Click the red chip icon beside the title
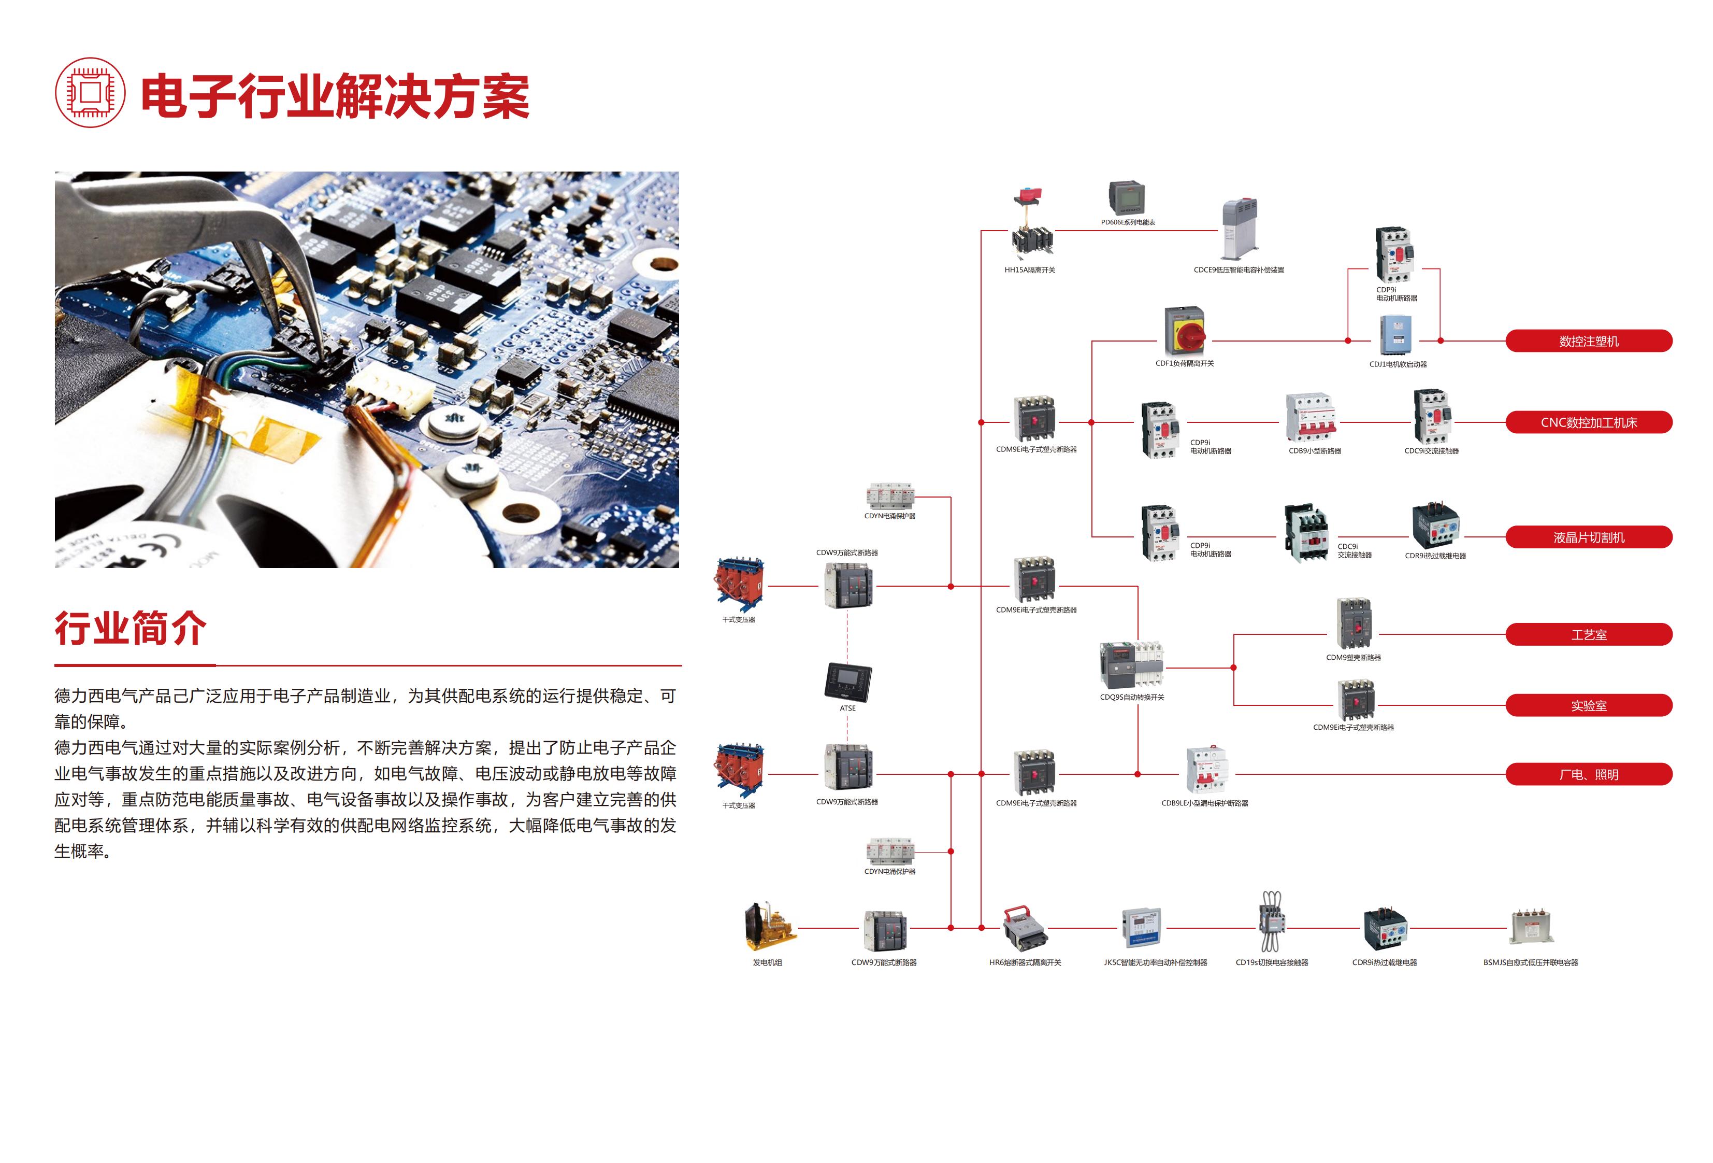point(90,93)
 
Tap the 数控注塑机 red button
point(1589,341)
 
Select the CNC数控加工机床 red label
point(1589,422)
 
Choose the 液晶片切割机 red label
point(1589,537)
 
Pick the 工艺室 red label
point(1589,634)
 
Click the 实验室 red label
point(1589,705)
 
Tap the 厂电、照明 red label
point(1589,774)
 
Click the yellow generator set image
point(770,926)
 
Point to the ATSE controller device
point(847,682)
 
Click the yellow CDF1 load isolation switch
point(1185,332)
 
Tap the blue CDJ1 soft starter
point(1395,335)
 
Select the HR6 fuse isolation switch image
point(1025,929)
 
